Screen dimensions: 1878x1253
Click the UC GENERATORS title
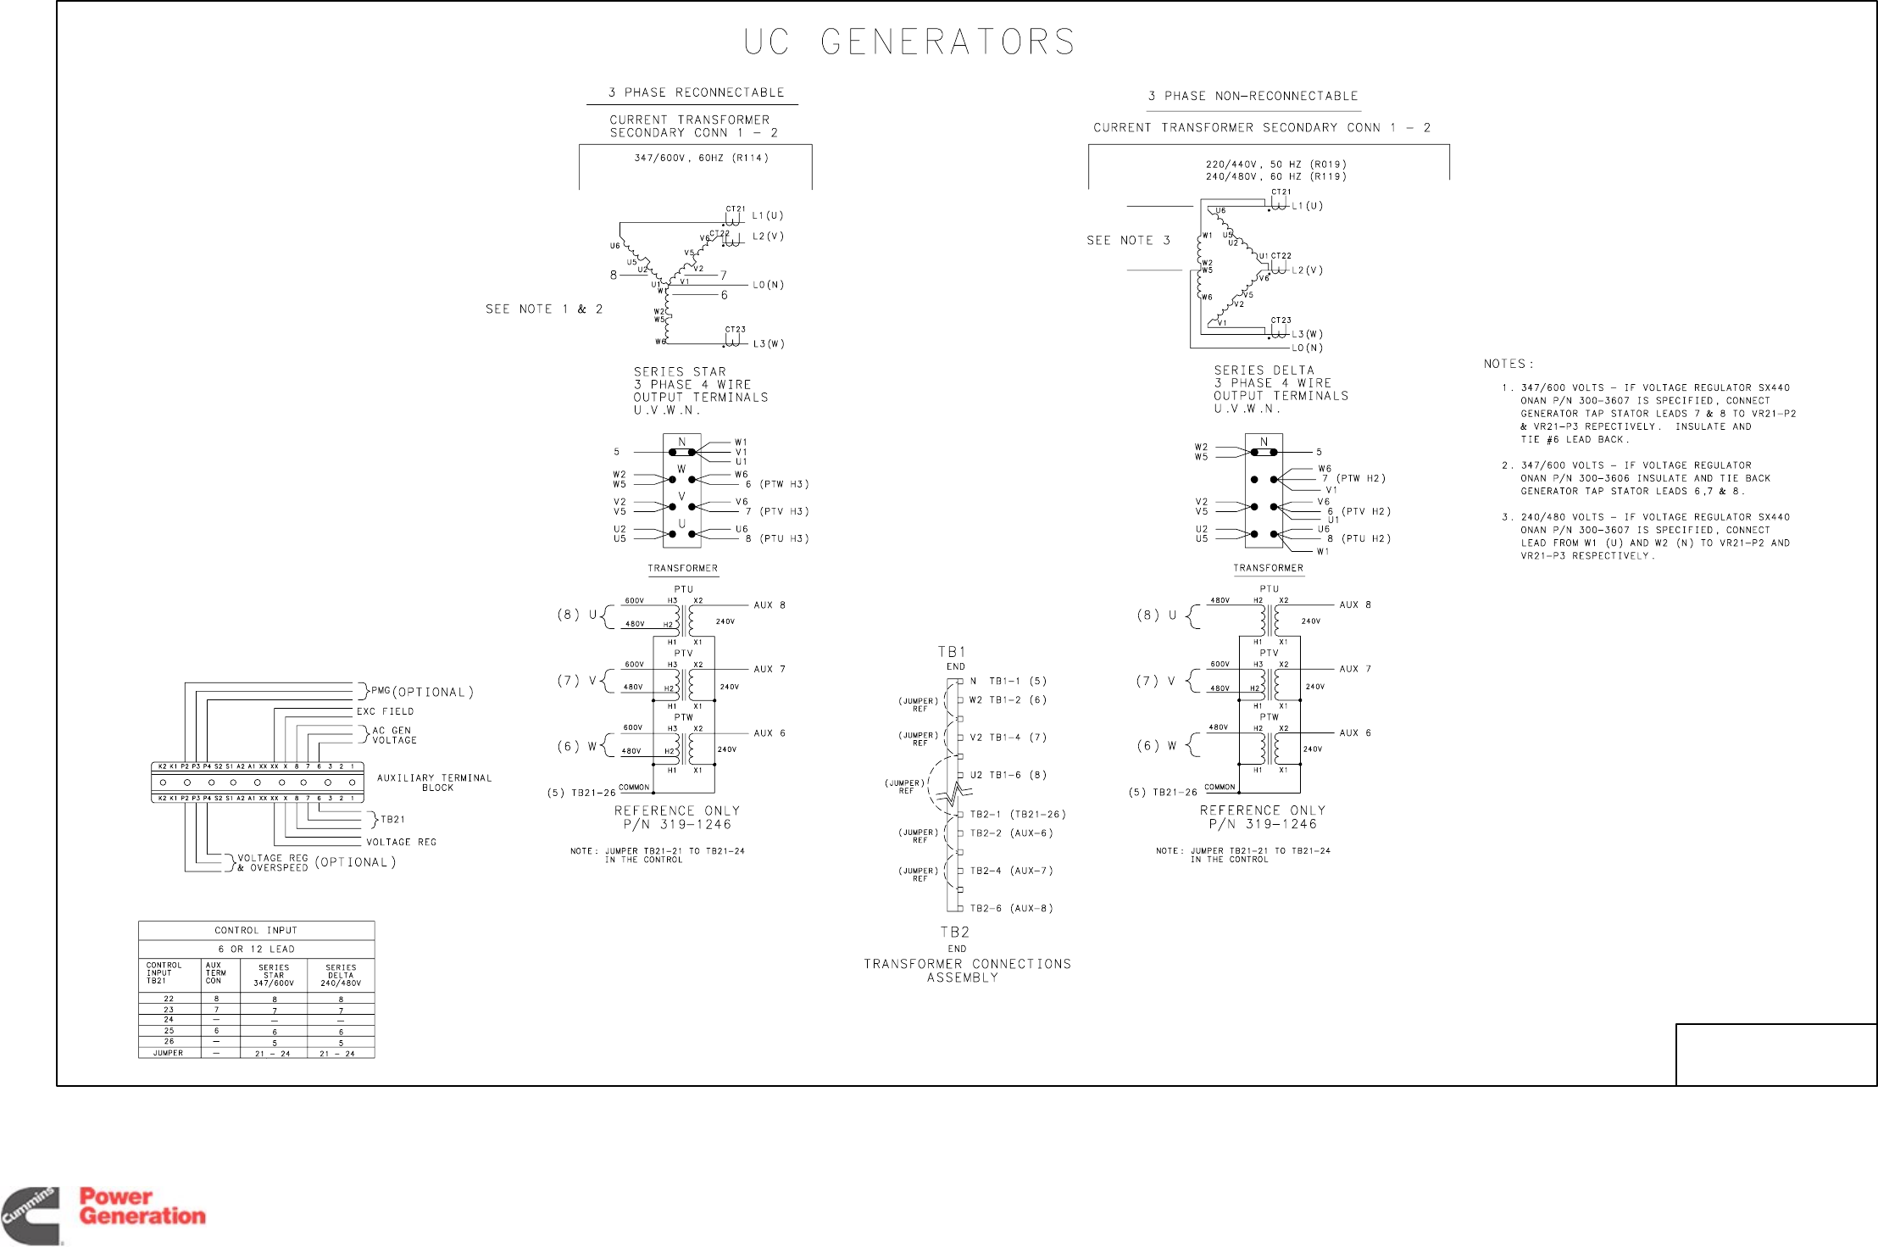909,42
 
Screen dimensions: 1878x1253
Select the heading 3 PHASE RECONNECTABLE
696,92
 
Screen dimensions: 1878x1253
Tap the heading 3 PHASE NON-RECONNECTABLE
1253,96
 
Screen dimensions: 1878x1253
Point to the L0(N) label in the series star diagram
768,285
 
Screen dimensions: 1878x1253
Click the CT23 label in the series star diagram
735,330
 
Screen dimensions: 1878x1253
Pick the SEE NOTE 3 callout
1128,241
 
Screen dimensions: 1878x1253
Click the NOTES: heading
1509,364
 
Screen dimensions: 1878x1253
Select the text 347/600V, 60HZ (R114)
701,158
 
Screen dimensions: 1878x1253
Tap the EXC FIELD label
385,711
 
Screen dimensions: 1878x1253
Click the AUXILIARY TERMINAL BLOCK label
434,782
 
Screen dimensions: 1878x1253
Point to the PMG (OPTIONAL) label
421,692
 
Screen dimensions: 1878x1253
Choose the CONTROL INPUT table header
256,930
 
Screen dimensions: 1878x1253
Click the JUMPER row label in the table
168,1053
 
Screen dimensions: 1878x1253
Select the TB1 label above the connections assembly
951,652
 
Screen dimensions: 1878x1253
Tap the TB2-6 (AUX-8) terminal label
1011,908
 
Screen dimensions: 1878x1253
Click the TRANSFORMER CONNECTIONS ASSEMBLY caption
967,971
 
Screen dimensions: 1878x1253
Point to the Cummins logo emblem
31,1216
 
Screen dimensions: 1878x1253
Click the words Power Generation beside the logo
142,1206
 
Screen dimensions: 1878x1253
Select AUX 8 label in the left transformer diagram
770,605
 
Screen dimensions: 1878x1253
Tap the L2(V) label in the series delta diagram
1307,270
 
